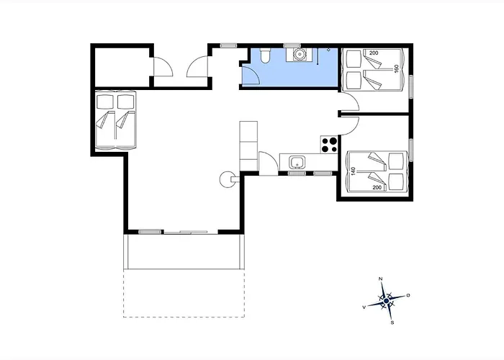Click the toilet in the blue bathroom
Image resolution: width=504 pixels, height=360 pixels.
tap(265, 55)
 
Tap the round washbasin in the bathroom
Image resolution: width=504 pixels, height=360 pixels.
tap(300, 54)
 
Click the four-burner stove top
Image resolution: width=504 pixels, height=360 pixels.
tap(329, 145)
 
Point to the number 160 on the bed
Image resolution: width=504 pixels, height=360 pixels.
tap(396, 69)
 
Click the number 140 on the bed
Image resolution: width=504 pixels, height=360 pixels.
tap(354, 171)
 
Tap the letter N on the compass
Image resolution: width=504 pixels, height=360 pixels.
tap(381, 279)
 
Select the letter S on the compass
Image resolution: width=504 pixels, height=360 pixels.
tap(392, 323)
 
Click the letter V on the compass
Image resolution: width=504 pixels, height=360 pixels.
tap(364, 307)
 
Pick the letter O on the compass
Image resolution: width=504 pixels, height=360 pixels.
tap(408, 295)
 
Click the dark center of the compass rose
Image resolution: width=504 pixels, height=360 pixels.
tap(387, 301)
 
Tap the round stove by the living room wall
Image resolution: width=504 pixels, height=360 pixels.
tap(227, 179)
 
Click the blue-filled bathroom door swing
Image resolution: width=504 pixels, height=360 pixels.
tap(250, 76)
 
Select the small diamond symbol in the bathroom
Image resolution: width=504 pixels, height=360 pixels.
tap(328, 50)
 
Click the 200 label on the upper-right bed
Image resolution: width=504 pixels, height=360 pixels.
tap(374, 53)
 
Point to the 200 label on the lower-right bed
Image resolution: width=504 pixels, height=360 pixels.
tap(377, 187)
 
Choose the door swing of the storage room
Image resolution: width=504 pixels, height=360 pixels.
tap(163, 66)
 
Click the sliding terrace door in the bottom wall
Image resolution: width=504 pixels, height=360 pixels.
tap(186, 232)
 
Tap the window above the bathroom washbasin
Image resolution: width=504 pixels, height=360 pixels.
tap(292, 45)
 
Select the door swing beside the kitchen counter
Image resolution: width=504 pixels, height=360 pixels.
tap(269, 163)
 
